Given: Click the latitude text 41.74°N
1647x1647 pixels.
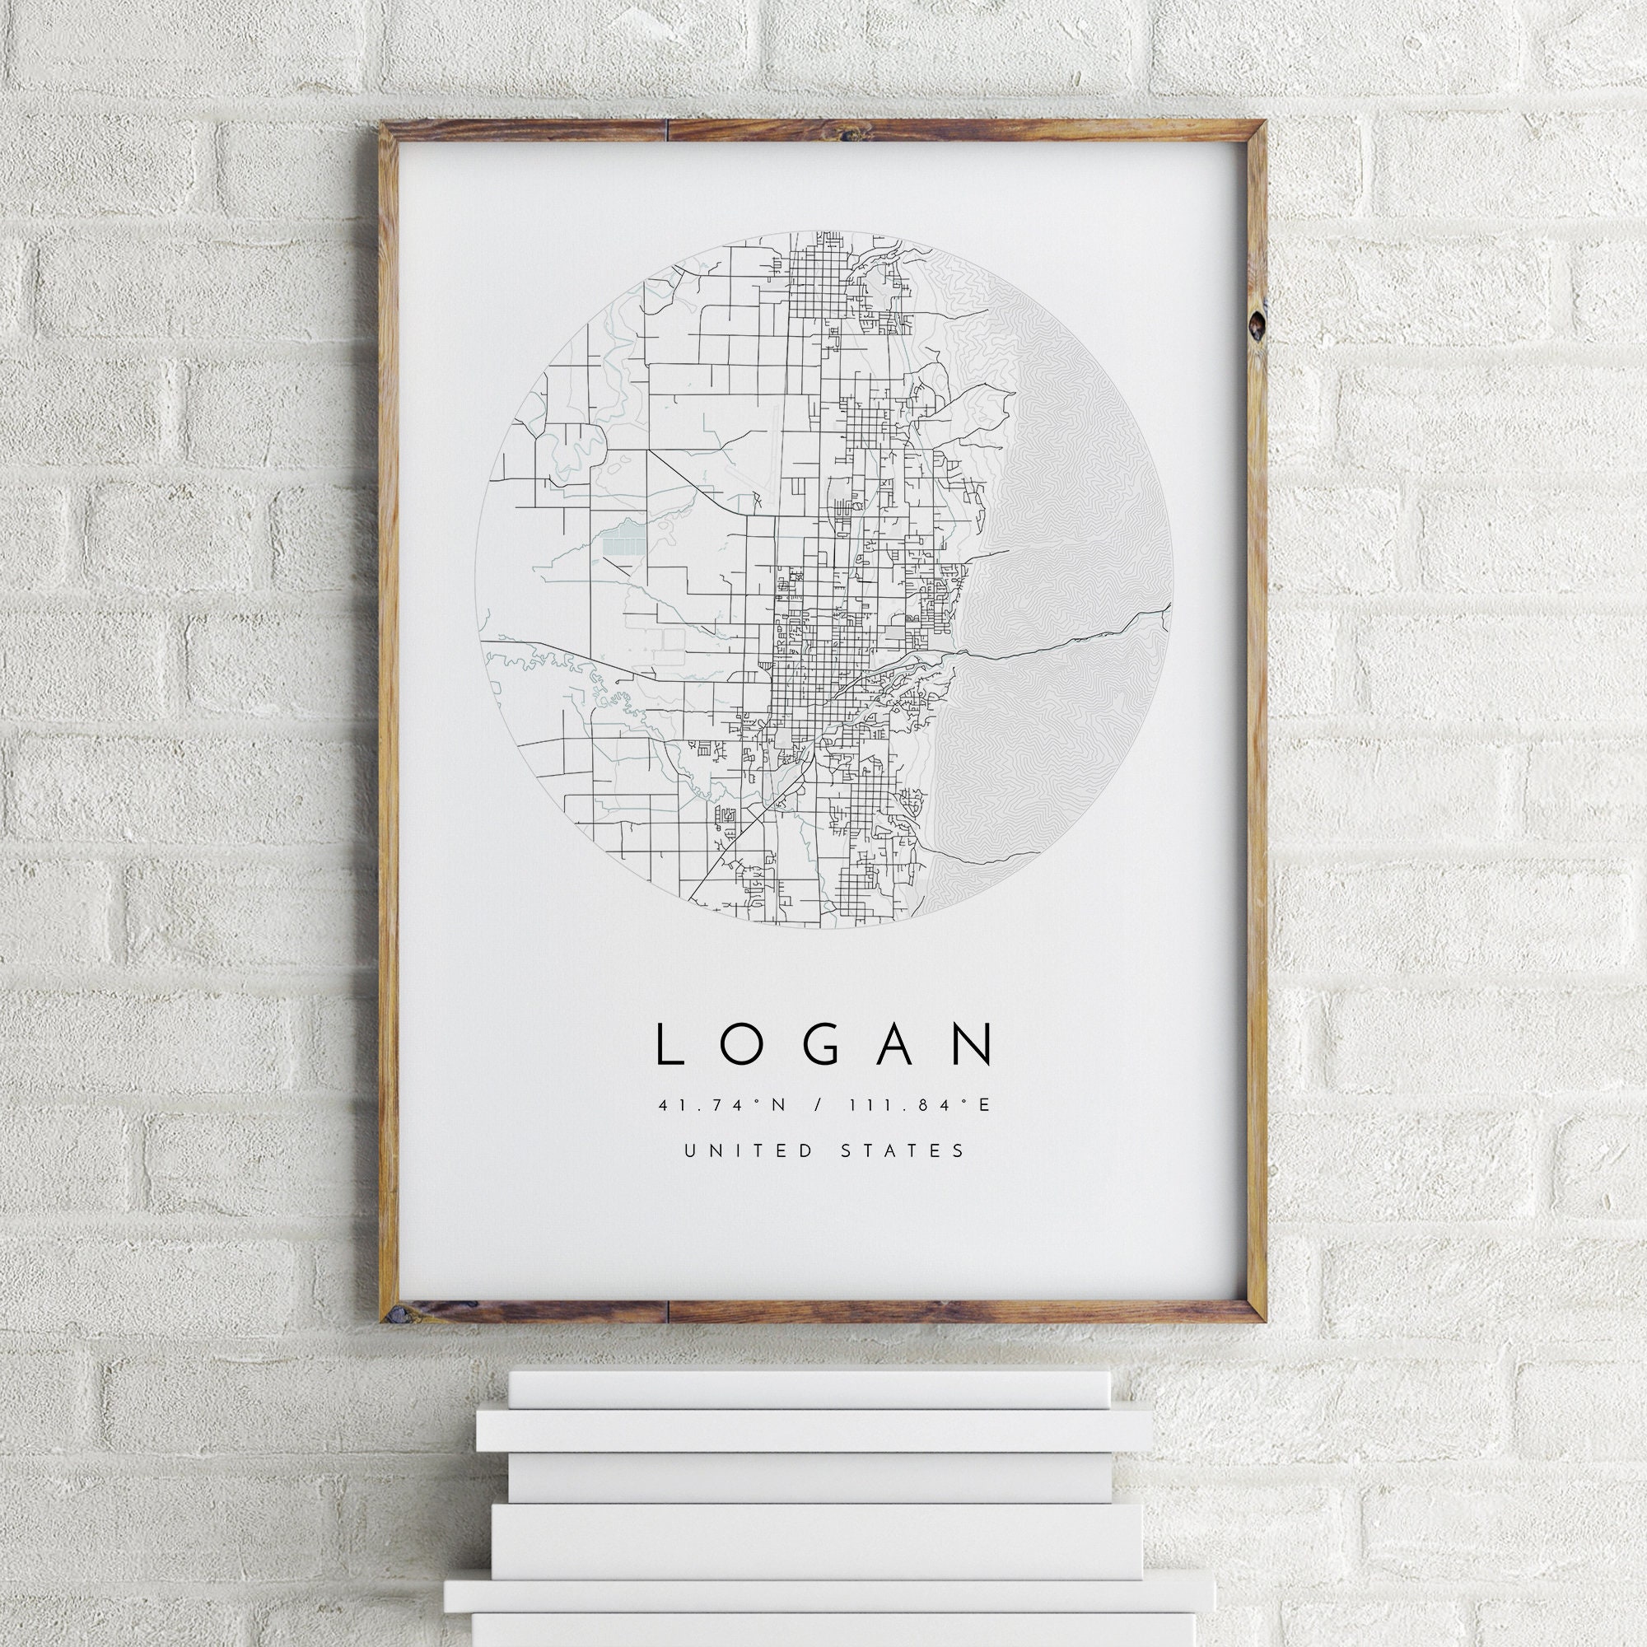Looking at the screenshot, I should pyautogui.click(x=723, y=1106).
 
